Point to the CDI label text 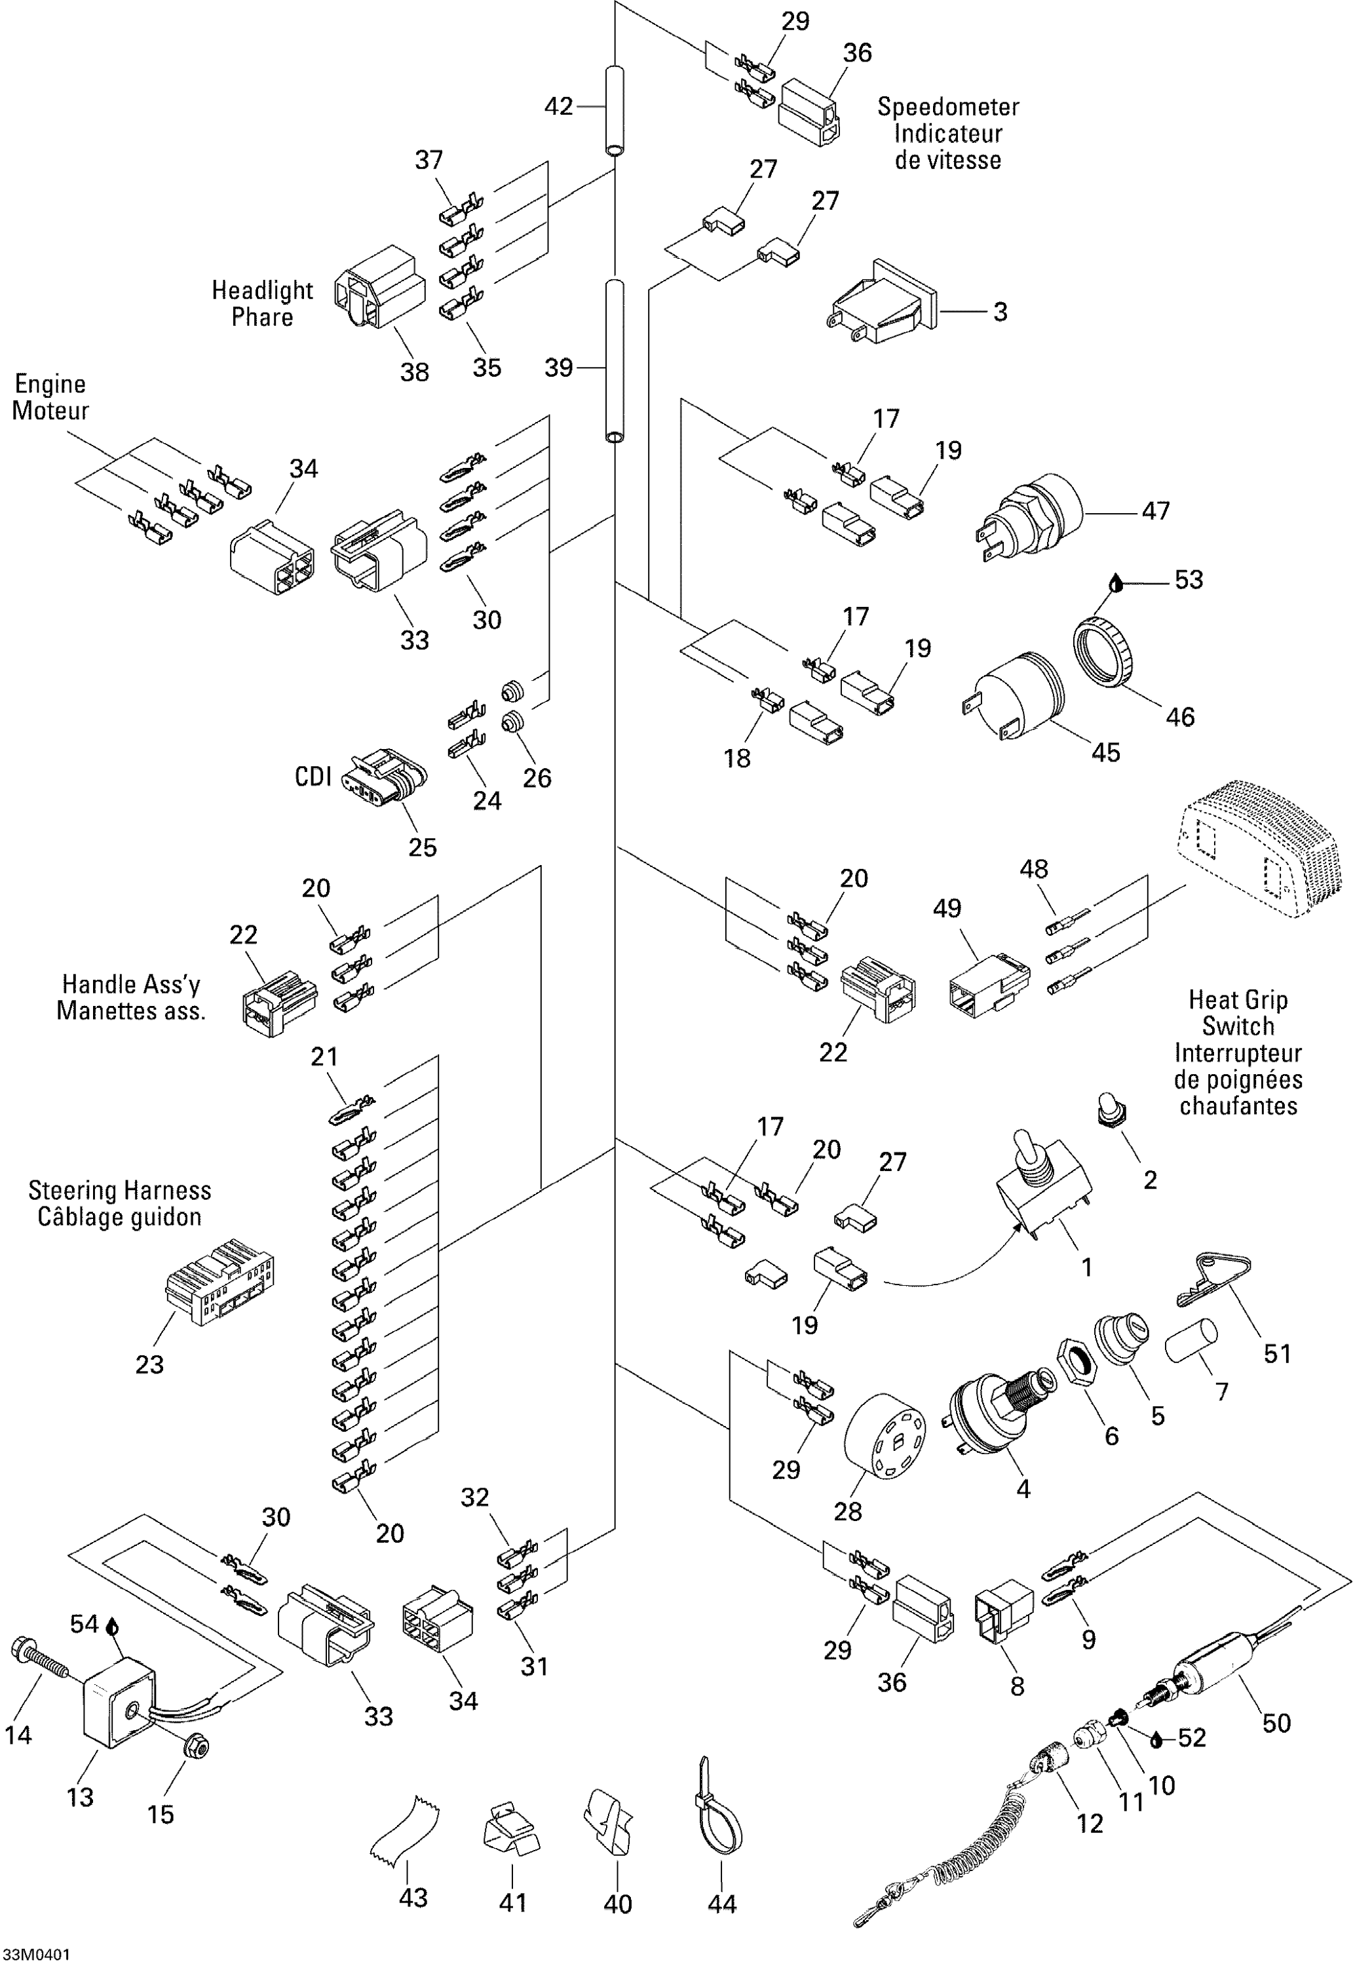click(312, 777)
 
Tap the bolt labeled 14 click(41, 1657)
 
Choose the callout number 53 click(1189, 580)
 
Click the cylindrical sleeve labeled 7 click(1191, 1341)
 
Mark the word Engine click(50, 384)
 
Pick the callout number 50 click(1276, 1723)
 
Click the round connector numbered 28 click(884, 1436)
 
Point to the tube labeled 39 click(615, 360)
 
